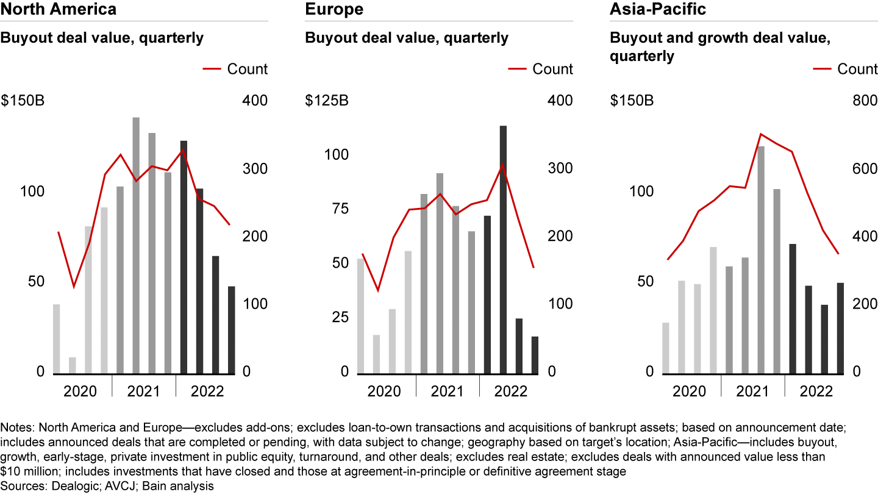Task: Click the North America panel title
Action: pyautogui.click(x=59, y=10)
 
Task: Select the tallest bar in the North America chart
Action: pyautogui.click(x=136, y=244)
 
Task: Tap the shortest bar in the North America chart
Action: pyautogui.click(x=73, y=365)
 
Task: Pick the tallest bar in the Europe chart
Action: pyautogui.click(x=503, y=249)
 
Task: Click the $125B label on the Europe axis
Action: pyautogui.click(x=327, y=101)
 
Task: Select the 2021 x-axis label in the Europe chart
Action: pyautogui.click(x=448, y=390)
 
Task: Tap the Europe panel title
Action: pyautogui.click(x=334, y=10)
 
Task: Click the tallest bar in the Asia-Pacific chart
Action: pyautogui.click(x=761, y=259)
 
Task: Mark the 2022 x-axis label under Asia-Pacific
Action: pyautogui.click(x=816, y=390)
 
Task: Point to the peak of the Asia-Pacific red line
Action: pyautogui.click(x=760, y=134)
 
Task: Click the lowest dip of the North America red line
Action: pyautogui.click(x=74, y=286)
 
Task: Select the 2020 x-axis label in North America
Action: pyautogui.click(x=79, y=390)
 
